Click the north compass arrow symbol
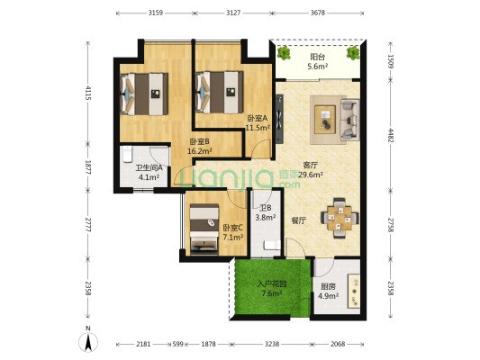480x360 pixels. [x=88, y=342]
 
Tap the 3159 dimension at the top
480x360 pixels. [x=156, y=13]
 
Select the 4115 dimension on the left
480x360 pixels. [x=88, y=93]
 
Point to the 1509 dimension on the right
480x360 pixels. [x=390, y=61]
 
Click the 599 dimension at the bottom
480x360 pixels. [x=177, y=344]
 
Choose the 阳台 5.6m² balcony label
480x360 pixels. [x=318, y=61]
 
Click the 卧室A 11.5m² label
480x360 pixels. [x=258, y=122]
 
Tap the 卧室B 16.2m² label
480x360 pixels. [x=200, y=146]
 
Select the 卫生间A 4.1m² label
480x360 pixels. [x=149, y=173]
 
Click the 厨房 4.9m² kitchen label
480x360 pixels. [x=328, y=292]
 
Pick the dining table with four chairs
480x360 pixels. [x=340, y=218]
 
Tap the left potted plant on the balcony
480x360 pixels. [x=284, y=53]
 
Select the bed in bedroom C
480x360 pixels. [x=204, y=229]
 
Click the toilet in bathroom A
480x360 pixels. [x=127, y=155]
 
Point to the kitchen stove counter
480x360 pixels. [x=354, y=292]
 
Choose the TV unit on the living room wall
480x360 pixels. [x=279, y=119]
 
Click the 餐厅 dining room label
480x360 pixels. [x=298, y=220]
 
